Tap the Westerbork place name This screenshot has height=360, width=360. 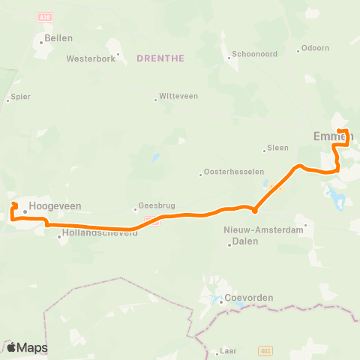pos(91,58)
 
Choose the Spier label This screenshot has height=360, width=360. pos(20,97)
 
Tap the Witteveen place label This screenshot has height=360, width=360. pos(178,98)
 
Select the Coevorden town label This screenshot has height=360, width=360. pos(249,297)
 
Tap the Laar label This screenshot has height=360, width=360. pos(229,351)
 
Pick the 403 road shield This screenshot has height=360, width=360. pos(265,350)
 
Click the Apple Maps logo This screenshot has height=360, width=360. pos(27,347)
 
